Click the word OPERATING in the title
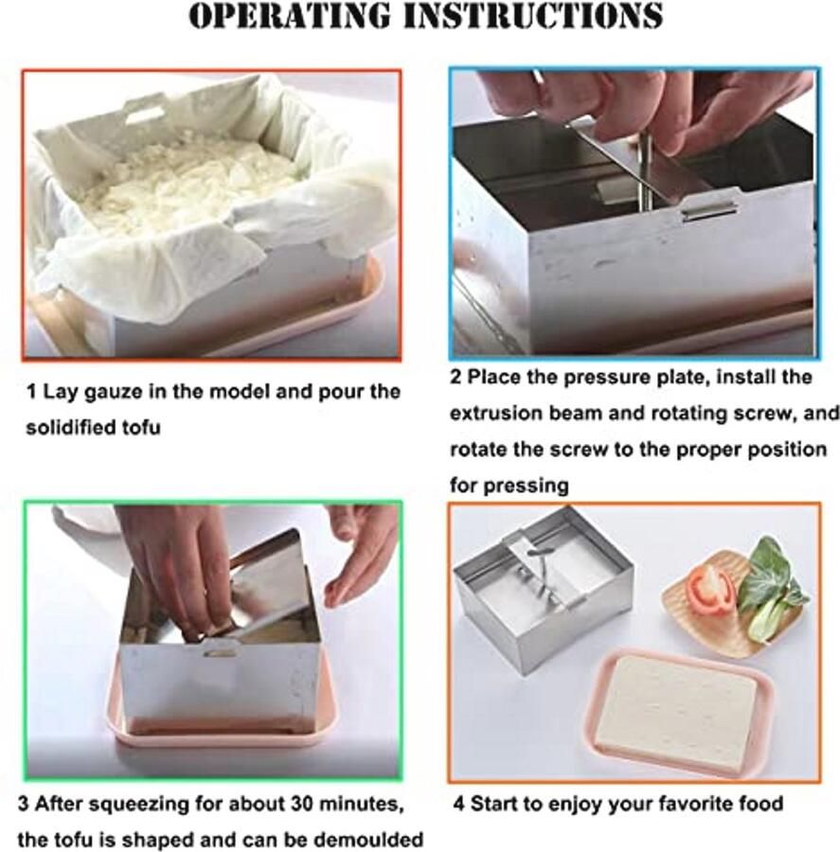(290, 16)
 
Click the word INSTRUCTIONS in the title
(533, 16)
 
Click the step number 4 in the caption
(458, 804)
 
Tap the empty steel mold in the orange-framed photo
(544, 590)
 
